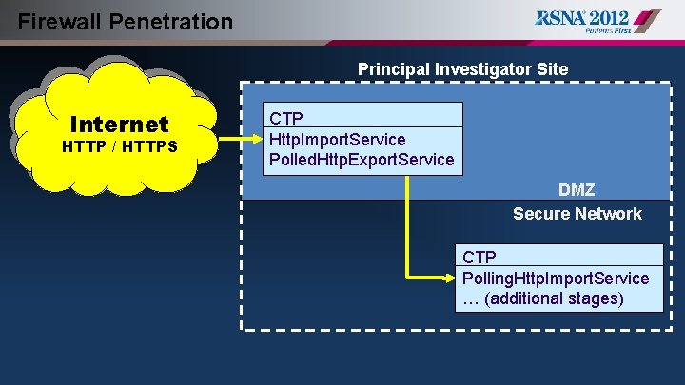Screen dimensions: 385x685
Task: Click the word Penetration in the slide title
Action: pyautogui.click(x=173, y=21)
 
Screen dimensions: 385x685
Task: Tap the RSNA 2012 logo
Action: pyautogui.click(x=597, y=21)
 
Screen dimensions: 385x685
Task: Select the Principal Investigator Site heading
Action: pyautogui.click(x=462, y=69)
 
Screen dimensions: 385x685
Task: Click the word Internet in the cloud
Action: pyautogui.click(x=119, y=125)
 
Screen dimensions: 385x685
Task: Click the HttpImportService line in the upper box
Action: pyautogui.click(x=337, y=139)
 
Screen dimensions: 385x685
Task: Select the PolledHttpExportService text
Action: pyautogui.click(x=362, y=160)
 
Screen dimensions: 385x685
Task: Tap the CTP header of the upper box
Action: pyautogui.click(x=286, y=118)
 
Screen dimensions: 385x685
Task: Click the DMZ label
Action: pyautogui.click(x=577, y=191)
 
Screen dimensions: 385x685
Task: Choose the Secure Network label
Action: pyautogui.click(x=577, y=214)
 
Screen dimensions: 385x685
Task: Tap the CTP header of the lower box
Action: pyautogui.click(x=479, y=257)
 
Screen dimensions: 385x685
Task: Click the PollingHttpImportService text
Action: pyautogui.click(x=556, y=278)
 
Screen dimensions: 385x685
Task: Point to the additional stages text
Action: pyautogui.click(x=542, y=298)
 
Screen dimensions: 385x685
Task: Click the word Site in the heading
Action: pyautogui.click(x=551, y=69)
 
